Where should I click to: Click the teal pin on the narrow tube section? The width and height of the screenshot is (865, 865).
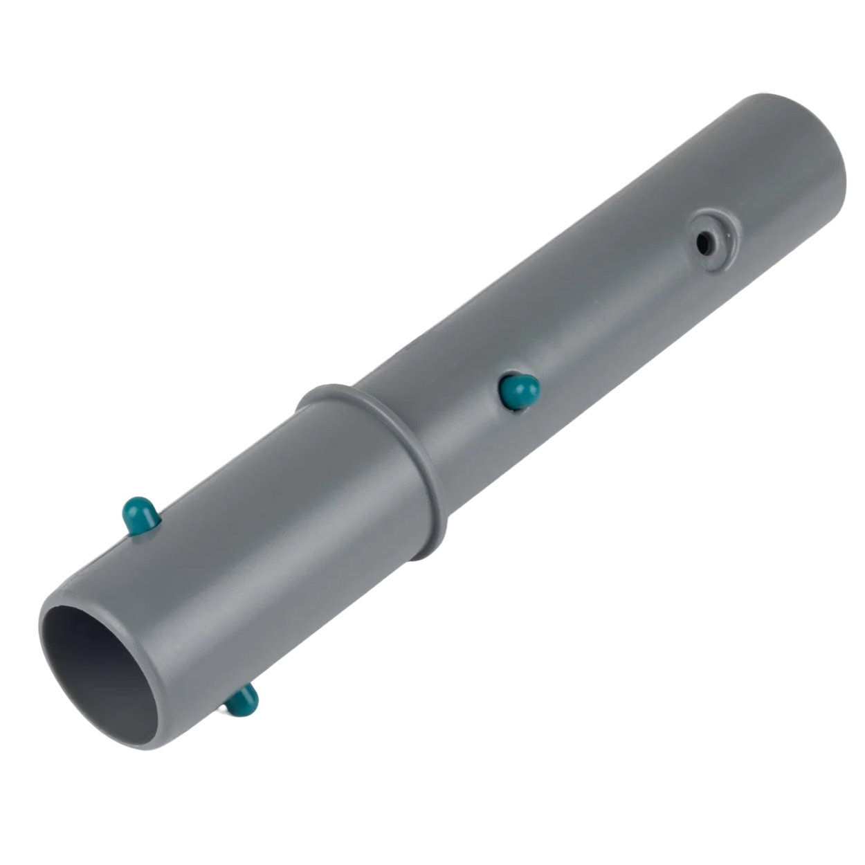click(x=518, y=390)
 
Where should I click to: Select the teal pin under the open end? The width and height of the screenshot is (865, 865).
click(x=242, y=700)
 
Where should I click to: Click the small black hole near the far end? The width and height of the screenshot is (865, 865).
click(x=704, y=242)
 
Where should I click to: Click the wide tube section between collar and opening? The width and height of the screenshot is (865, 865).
click(x=277, y=554)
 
